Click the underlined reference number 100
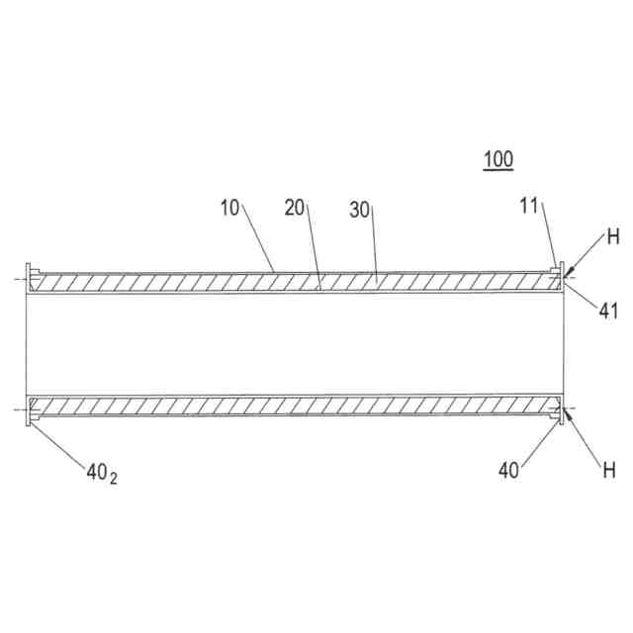coord(497,159)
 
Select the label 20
coord(295,208)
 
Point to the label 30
coord(360,210)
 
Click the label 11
coord(530,205)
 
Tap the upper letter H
coord(613,237)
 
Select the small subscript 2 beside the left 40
coord(115,480)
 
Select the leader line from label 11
coord(549,237)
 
